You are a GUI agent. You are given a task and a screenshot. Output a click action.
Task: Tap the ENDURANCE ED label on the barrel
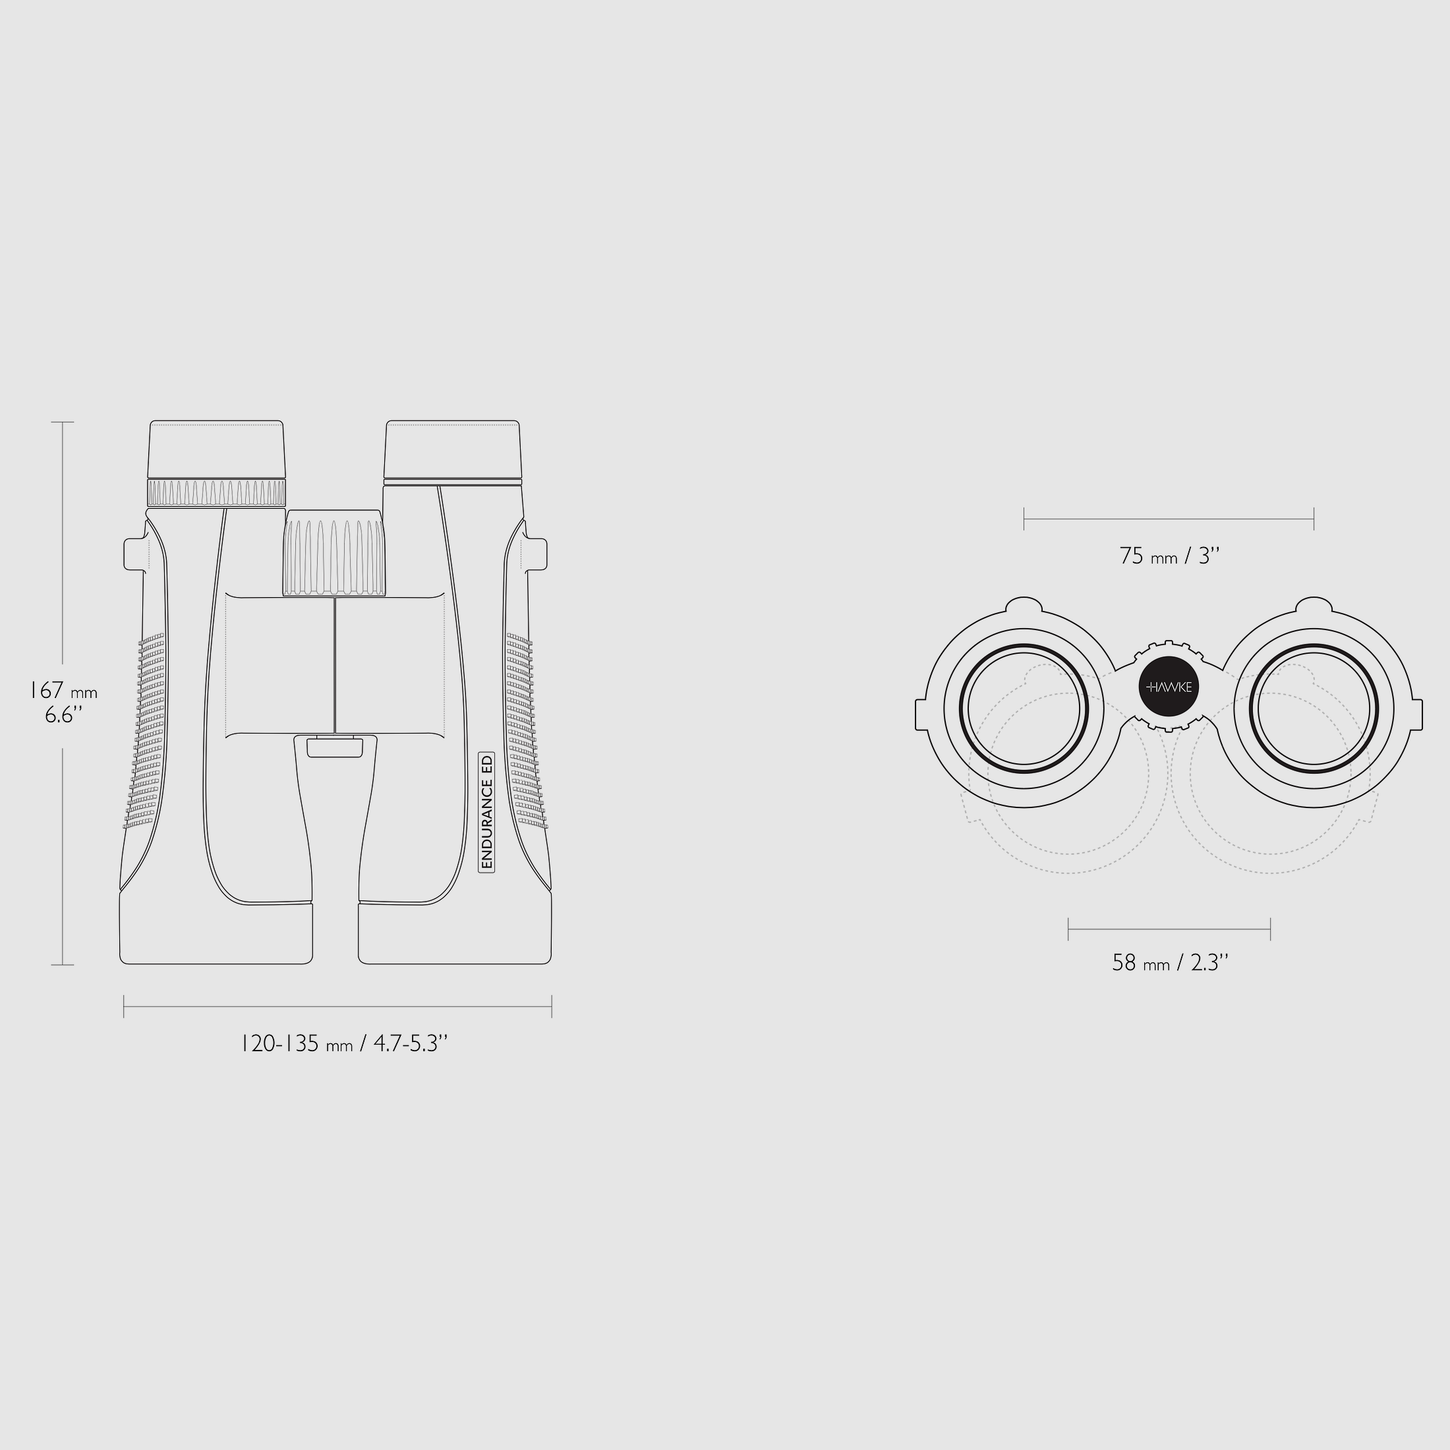(486, 811)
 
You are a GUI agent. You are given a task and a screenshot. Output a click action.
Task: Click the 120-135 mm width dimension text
(344, 1043)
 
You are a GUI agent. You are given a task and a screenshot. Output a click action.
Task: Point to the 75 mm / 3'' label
(1169, 556)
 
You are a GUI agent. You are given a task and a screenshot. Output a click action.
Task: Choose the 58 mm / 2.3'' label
(1169, 962)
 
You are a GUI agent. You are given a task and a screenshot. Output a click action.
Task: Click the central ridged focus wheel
(335, 553)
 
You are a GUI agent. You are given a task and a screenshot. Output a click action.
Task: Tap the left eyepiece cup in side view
(216, 449)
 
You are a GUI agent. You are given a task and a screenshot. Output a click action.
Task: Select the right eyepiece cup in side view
(453, 449)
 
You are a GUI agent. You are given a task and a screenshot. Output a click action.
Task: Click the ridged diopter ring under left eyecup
(216, 492)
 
